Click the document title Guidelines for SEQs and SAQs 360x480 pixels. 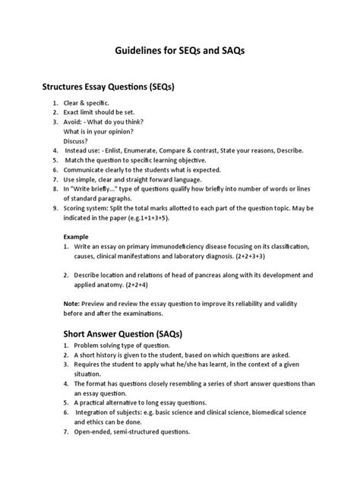click(x=179, y=50)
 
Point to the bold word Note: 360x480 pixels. click(x=73, y=303)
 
